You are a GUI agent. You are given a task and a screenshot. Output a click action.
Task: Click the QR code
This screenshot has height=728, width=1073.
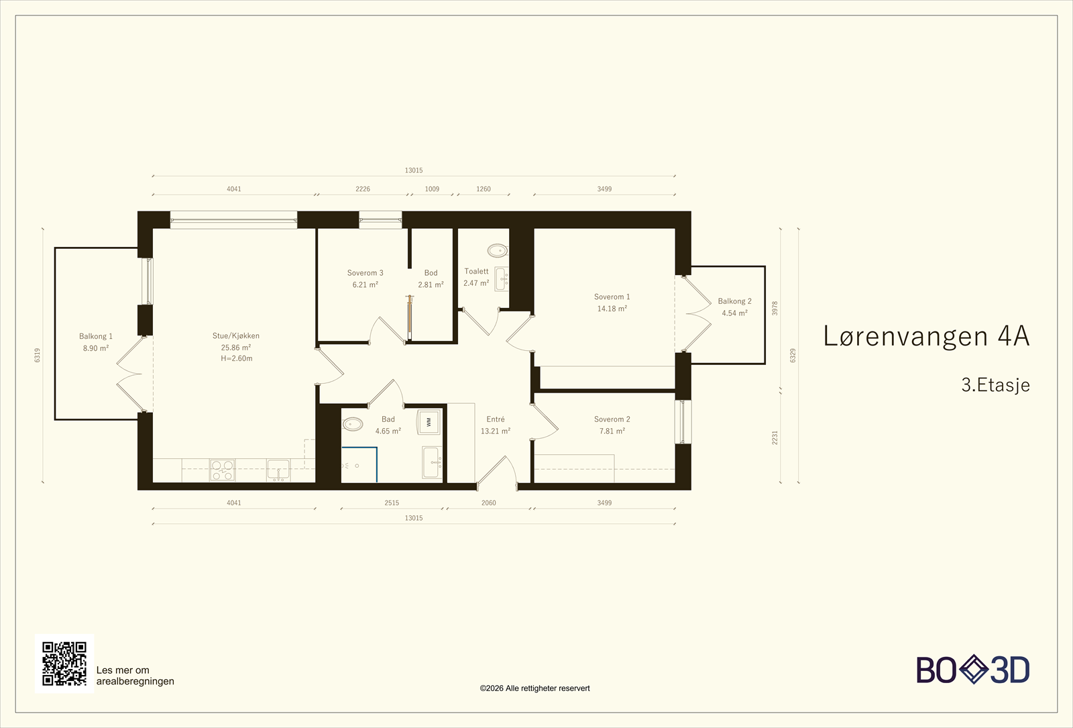tap(64, 664)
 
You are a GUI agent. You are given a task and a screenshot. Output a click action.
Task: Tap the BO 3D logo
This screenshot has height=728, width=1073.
tap(973, 670)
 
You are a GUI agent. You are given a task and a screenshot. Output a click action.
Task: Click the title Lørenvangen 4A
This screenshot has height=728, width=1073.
tap(926, 336)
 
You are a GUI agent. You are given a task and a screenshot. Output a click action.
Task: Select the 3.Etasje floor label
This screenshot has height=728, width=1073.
tap(995, 385)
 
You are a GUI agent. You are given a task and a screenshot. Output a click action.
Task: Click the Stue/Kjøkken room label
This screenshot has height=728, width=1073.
tap(235, 336)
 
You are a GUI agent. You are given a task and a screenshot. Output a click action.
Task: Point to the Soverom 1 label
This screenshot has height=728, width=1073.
tap(612, 297)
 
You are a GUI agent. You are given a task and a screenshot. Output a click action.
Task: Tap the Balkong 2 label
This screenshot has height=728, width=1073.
tap(734, 301)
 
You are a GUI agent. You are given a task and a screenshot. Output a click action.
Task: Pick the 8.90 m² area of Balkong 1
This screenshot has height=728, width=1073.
tap(96, 348)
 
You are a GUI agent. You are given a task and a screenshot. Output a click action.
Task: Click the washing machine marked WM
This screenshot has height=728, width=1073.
tap(429, 422)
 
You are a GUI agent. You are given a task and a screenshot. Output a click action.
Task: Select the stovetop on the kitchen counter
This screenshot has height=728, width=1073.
tap(222, 470)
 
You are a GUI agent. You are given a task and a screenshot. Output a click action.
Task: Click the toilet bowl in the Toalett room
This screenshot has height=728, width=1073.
tap(498, 250)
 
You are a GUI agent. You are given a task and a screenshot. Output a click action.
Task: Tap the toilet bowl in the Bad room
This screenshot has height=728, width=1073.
tap(353, 424)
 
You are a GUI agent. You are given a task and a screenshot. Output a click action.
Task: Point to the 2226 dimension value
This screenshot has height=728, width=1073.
tap(363, 189)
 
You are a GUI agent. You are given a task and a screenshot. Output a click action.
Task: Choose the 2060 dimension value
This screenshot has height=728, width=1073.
tap(489, 503)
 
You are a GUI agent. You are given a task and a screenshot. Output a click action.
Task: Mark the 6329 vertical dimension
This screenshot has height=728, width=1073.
tap(793, 356)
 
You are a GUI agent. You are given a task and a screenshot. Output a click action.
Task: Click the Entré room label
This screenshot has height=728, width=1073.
tap(496, 419)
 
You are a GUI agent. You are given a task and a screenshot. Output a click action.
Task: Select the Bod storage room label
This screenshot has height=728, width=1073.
tap(431, 272)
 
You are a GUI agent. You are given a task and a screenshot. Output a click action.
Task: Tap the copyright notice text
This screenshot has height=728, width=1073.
tap(534, 688)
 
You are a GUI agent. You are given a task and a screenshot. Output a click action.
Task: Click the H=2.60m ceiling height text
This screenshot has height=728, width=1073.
tap(237, 358)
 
